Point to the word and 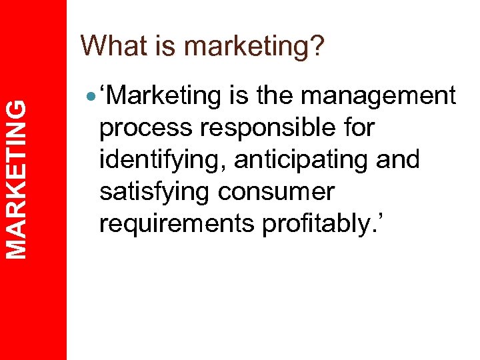coord(398,160)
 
